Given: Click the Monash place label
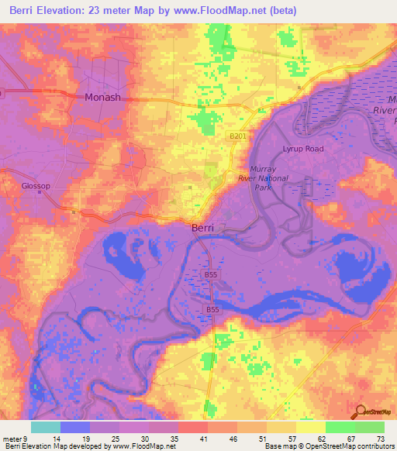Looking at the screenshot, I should click(x=102, y=98).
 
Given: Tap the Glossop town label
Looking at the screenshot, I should click(x=36, y=186).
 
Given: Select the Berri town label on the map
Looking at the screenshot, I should click(x=203, y=229).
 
